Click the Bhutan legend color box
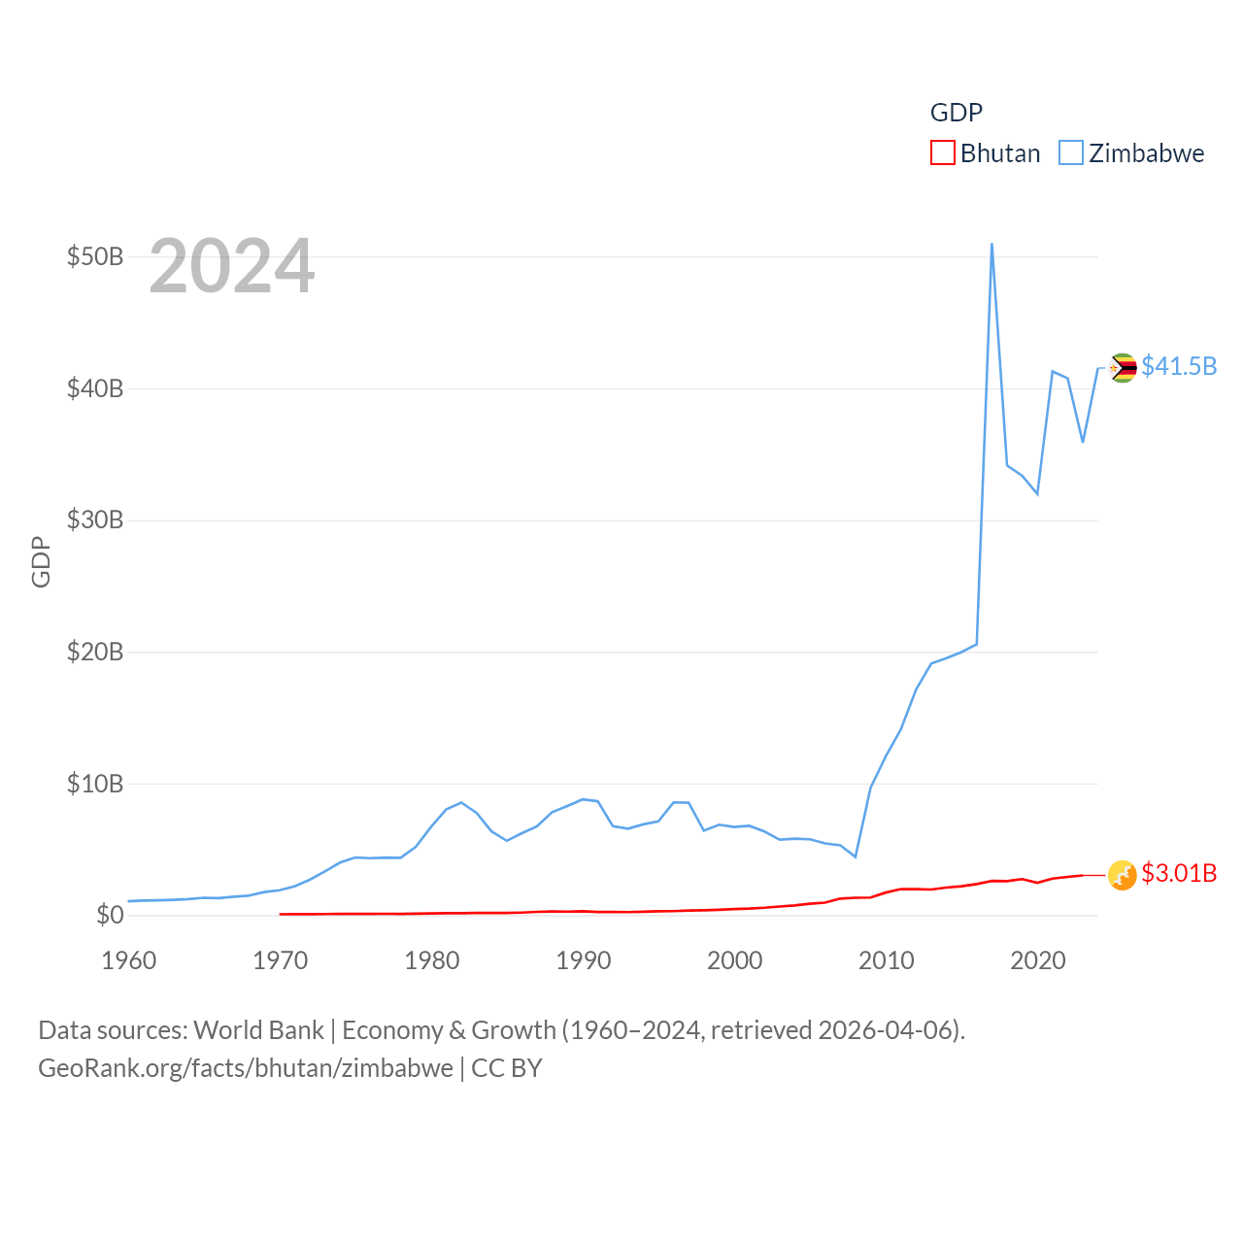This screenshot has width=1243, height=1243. tap(942, 153)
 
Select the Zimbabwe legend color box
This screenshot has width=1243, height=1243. tap(1070, 153)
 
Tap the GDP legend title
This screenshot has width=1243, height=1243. tap(957, 113)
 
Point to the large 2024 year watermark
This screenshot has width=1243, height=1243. tap(231, 266)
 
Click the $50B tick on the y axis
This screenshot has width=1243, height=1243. tap(95, 257)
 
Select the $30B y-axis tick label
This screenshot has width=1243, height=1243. tap(95, 521)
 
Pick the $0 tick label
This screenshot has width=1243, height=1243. tap(110, 915)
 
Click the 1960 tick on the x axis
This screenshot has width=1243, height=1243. tap(128, 961)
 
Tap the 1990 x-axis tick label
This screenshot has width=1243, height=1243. tap(583, 961)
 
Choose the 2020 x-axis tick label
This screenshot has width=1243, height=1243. tap(1037, 961)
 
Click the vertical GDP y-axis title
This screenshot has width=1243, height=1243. tap(41, 561)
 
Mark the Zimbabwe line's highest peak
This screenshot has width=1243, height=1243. tap(991, 244)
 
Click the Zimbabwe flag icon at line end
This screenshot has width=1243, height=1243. tap(1123, 368)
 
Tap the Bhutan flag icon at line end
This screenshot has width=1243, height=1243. tap(1123, 875)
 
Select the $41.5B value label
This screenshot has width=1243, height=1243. tap(1179, 366)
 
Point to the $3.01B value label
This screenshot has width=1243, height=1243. tap(1179, 873)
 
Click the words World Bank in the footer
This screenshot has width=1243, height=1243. tap(258, 1030)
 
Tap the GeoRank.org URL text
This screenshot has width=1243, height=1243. tap(245, 1068)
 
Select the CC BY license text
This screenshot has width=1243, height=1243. tap(506, 1068)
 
